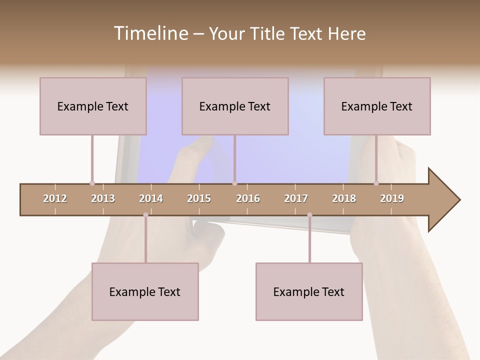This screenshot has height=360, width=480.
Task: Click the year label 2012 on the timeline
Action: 55,198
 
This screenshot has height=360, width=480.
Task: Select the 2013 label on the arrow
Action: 103,198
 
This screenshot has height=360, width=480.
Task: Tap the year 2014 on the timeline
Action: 151,198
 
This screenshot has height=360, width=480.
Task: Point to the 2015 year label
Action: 199,198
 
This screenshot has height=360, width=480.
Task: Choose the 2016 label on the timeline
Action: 248,198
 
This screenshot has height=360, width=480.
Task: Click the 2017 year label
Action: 296,198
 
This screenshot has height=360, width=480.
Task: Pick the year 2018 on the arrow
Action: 344,198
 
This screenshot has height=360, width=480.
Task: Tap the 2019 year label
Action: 392,198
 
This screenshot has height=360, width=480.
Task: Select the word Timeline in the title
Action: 149,33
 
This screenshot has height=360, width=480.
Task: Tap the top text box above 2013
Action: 93,106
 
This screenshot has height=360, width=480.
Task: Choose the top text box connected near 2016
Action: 235,106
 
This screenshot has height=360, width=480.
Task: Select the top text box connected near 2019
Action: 377,106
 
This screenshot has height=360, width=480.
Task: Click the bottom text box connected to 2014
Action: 145,291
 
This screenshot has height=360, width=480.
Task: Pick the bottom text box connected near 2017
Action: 309,291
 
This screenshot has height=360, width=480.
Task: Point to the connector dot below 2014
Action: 145,215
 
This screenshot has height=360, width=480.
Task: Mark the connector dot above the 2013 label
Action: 92,183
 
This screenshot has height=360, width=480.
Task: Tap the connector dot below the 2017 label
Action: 309,215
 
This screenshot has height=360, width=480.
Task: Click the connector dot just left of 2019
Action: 376,183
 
